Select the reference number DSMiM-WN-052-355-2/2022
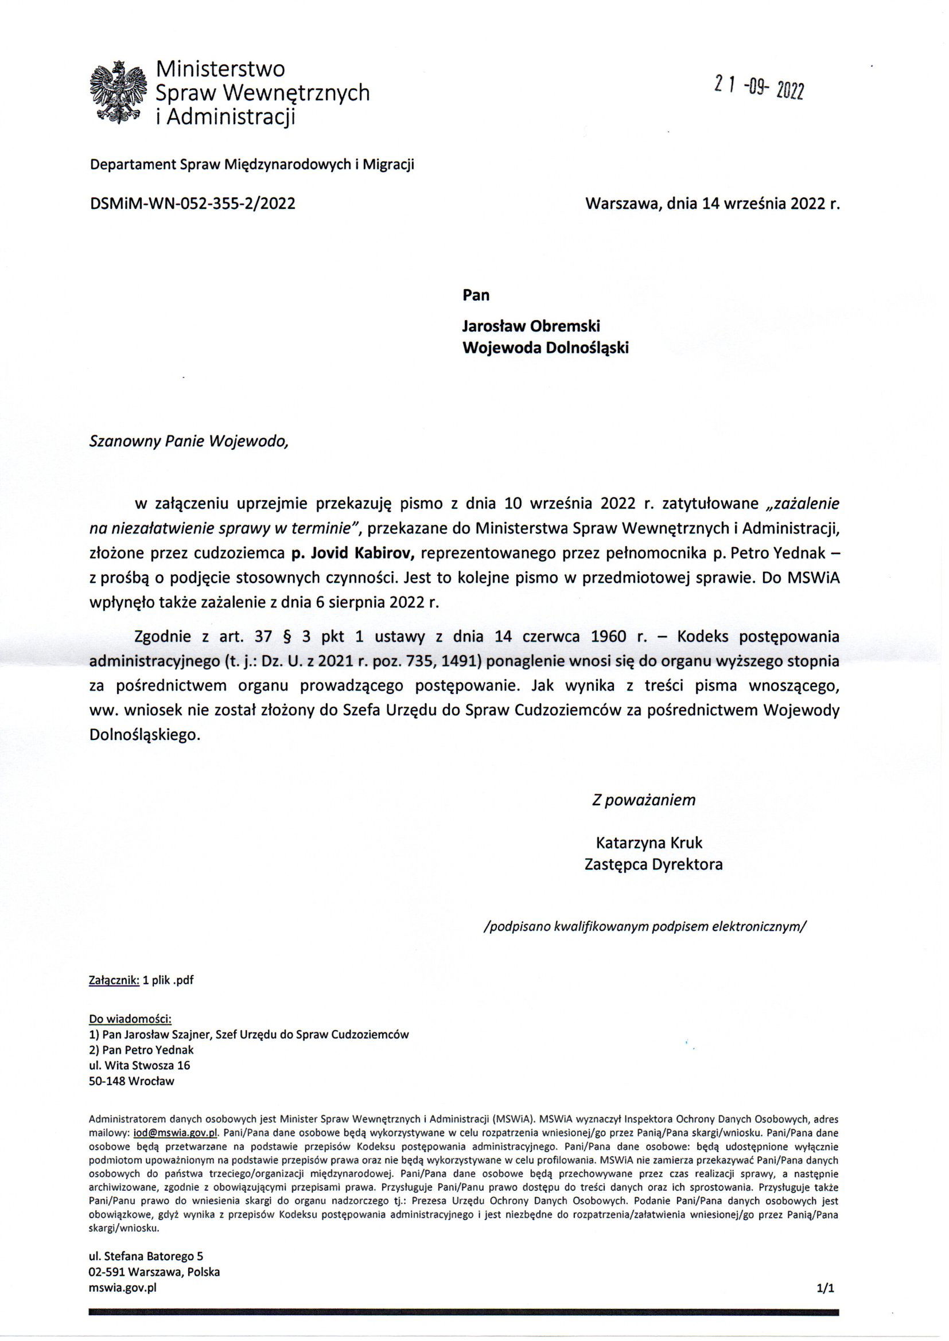pyautogui.click(x=192, y=204)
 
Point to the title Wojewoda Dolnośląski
pyautogui.click(x=546, y=348)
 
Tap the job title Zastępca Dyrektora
pyautogui.click(x=654, y=864)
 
